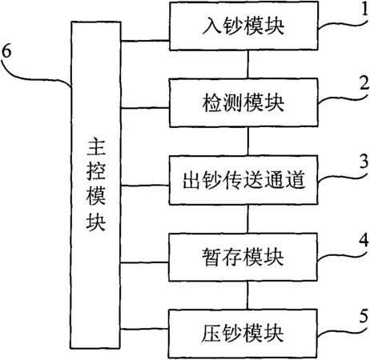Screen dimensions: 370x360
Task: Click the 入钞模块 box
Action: click(243, 26)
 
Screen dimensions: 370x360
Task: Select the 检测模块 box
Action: click(243, 102)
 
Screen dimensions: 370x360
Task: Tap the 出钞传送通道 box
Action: click(243, 180)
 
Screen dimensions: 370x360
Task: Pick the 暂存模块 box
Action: click(243, 257)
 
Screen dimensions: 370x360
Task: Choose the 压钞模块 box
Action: click(243, 334)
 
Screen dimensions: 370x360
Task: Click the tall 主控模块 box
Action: click(95, 185)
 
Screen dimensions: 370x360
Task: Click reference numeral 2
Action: click(364, 84)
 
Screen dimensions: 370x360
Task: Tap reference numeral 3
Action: click(364, 161)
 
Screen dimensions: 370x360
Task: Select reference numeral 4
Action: click(364, 239)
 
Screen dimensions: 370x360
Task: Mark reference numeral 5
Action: click(364, 316)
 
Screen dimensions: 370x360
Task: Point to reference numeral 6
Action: click(6, 50)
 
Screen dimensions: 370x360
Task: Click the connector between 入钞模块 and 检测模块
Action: click(248, 64)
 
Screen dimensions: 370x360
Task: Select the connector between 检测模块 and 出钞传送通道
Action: click(248, 141)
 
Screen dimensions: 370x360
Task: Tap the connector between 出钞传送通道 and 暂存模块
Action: click(247, 218)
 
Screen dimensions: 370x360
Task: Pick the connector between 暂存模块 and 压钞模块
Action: click(247, 295)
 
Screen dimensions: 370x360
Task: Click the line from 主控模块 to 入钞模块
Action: click(145, 41)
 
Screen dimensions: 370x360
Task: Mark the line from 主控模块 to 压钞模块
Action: click(144, 329)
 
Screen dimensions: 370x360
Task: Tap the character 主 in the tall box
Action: click(96, 147)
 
